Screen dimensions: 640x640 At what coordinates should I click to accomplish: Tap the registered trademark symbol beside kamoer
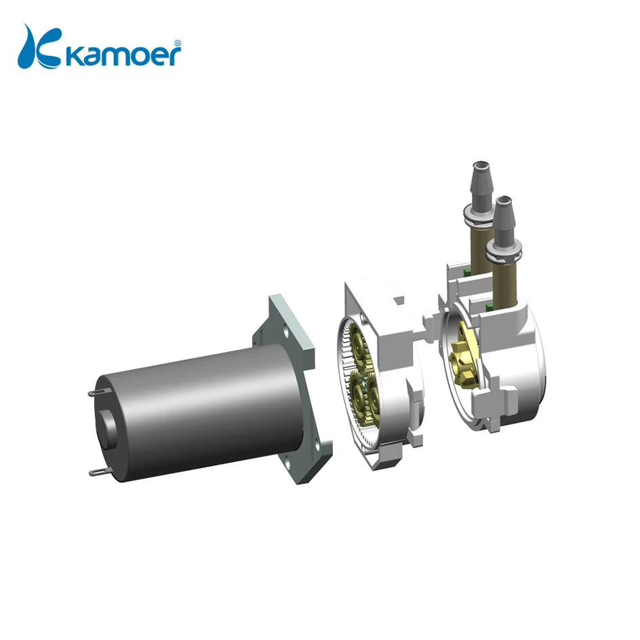point(178,42)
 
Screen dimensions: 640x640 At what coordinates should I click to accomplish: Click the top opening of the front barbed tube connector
point(503,201)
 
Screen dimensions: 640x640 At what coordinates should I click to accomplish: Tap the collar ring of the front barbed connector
point(504,252)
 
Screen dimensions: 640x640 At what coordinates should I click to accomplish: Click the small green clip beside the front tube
point(489,308)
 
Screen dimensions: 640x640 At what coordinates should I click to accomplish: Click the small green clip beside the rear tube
point(466,271)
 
